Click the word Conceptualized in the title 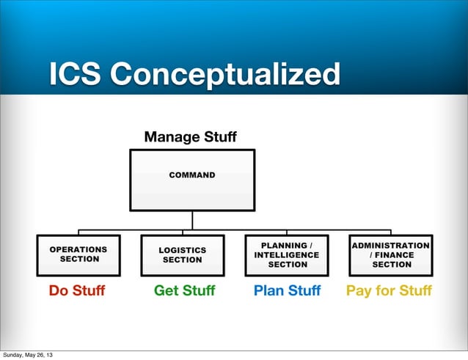point(225,75)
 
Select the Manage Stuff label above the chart point(191,136)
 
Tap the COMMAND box point(192,180)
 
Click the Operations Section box point(78,254)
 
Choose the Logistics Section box point(182,254)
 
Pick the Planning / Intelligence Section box point(287,254)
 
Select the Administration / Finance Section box point(391,254)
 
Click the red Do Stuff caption point(76,291)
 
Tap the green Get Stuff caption point(184,291)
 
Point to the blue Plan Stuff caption point(287,291)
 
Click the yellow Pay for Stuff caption point(389,291)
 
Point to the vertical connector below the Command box point(192,220)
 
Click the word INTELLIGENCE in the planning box point(287,254)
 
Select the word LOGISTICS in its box point(182,250)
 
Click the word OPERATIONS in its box point(78,249)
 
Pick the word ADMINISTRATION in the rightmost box point(391,245)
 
